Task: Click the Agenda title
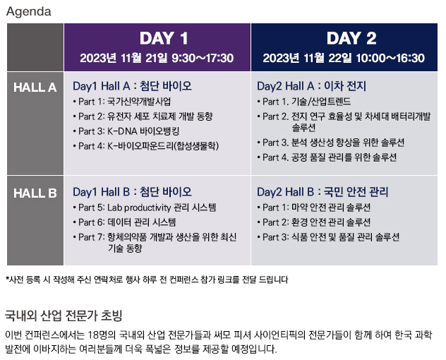(29, 12)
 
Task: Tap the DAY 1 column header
(164, 38)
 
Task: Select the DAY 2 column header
(351, 38)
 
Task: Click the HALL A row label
(35, 88)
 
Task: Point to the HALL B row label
(35, 193)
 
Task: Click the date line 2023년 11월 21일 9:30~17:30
(157, 58)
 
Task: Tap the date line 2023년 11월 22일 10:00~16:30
(344, 58)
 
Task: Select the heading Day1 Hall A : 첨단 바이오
(132, 86)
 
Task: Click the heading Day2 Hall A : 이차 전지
(311, 86)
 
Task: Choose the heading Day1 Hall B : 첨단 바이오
(132, 192)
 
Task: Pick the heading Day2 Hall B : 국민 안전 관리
(323, 192)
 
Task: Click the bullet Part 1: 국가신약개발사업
(122, 102)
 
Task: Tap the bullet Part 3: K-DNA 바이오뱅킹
(126, 131)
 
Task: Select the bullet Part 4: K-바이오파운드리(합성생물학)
(146, 146)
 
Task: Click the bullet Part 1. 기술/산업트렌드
(304, 102)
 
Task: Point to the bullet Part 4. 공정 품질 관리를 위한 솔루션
(327, 157)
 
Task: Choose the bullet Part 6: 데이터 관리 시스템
(125, 222)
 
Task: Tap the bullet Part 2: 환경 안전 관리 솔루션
(314, 222)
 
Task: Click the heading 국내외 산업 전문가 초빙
(64, 316)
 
